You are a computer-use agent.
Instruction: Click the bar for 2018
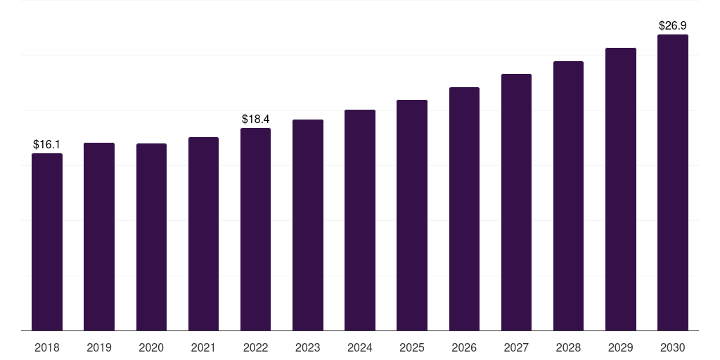tap(47, 242)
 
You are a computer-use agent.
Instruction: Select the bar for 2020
tap(152, 237)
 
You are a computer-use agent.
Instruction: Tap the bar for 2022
tap(255, 229)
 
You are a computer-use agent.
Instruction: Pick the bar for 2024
tap(360, 220)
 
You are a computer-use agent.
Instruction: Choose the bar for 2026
tap(464, 209)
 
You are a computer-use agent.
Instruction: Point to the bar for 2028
tap(568, 195)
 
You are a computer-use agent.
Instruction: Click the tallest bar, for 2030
tap(673, 182)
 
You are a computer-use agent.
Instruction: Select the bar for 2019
tap(99, 236)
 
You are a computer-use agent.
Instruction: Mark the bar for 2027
tap(516, 202)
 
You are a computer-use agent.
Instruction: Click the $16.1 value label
tap(47, 145)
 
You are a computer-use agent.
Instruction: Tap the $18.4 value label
tap(256, 120)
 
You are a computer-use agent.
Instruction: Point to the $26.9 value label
tap(673, 26)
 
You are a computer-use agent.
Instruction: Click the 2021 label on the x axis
tap(203, 347)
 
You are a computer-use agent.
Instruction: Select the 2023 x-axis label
tap(308, 347)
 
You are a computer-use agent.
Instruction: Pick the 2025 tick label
tap(412, 347)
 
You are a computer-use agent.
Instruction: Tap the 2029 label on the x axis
tap(620, 347)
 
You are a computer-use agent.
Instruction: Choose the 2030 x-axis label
tap(673, 347)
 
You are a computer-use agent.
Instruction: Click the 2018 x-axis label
tap(47, 347)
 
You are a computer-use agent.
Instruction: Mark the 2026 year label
tap(464, 347)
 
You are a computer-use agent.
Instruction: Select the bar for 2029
tap(621, 189)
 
